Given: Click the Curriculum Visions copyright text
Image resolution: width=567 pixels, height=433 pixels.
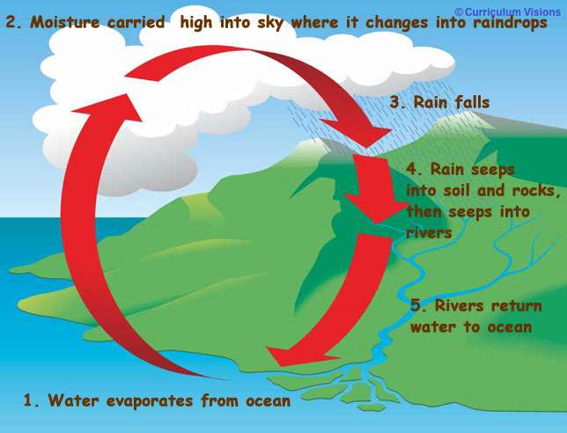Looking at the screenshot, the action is tap(508, 12).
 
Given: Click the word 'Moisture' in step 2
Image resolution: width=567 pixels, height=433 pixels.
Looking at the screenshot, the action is tap(65, 22).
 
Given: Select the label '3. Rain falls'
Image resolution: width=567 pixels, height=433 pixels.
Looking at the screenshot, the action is tap(439, 102).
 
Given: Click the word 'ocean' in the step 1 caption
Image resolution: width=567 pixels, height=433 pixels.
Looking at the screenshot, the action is tap(268, 401).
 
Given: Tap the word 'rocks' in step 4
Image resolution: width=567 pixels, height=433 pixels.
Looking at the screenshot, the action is tap(536, 190).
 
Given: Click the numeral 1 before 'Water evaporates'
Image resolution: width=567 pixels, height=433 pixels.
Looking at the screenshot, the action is tap(28, 400).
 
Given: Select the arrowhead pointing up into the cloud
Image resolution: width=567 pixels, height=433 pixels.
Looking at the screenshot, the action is tap(107, 107).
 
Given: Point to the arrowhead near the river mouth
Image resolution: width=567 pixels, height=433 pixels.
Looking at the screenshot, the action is tap(300, 355).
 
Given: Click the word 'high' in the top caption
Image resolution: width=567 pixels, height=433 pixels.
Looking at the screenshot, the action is tap(196, 23).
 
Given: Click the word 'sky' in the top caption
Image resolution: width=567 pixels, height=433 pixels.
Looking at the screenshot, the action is tap(271, 23).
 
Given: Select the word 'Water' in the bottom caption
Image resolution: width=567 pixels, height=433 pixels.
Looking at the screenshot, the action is tap(73, 400).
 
